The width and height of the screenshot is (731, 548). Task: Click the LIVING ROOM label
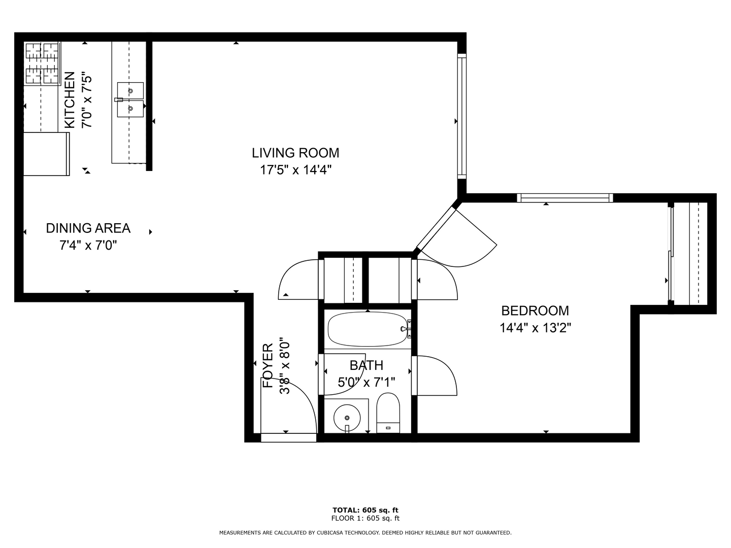pyautogui.click(x=295, y=153)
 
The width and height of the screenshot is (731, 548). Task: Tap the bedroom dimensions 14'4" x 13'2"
pyautogui.click(x=535, y=328)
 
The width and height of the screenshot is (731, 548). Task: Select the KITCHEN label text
pyautogui.click(x=70, y=100)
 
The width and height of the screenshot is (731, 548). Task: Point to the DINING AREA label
pyautogui.click(x=88, y=228)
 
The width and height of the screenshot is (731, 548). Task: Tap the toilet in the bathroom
pyautogui.click(x=388, y=413)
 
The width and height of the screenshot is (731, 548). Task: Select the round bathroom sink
pyautogui.click(x=347, y=418)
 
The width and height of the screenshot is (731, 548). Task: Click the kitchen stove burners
pyautogui.click(x=42, y=62)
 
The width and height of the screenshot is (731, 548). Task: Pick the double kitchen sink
pyautogui.click(x=130, y=99)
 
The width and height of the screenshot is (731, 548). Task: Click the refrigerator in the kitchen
pyautogui.click(x=46, y=154)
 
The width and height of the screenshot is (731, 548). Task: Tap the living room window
pyautogui.click(x=462, y=117)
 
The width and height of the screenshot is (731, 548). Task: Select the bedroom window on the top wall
pyautogui.click(x=565, y=198)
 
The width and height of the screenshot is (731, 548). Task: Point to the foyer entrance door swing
pyautogui.click(x=288, y=405)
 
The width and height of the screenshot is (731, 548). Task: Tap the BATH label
pyautogui.click(x=367, y=365)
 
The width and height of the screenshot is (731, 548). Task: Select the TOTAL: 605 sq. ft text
pyautogui.click(x=365, y=510)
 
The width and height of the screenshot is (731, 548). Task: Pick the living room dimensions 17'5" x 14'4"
pyautogui.click(x=296, y=170)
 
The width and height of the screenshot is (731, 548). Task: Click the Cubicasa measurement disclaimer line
pyautogui.click(x=365, y=533)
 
